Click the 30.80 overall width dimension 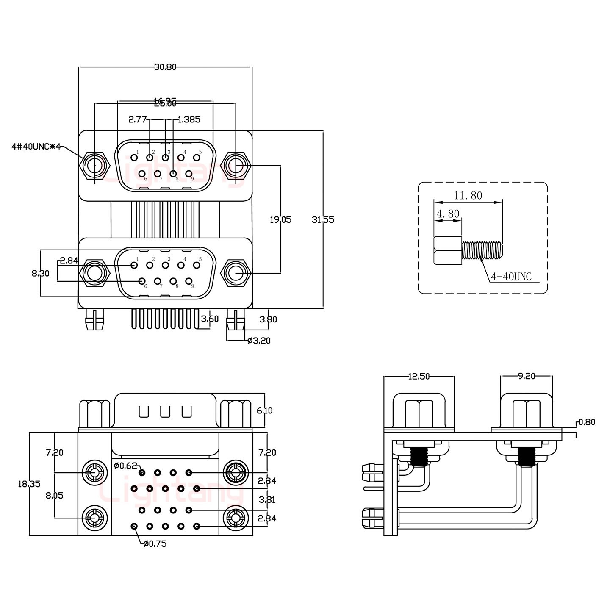coord(165,67)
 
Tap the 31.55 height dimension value coord(323,219)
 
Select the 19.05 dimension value coord(281,219)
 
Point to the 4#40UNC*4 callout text coord(36,147)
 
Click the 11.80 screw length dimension coord(468,195)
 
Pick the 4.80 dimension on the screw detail coord(448,213)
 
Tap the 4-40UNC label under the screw coord(511,277)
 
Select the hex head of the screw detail coord(448,250)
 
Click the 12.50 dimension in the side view coord(419,376)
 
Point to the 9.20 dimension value coord(527,376)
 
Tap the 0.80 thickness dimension coord(587,422)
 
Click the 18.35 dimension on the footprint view coord(29,484)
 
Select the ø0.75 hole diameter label coord(155,544)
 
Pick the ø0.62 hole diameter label coord(125,466)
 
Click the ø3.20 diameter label coord(258,340)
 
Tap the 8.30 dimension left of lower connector coord(41,274)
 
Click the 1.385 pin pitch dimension coord(189,119)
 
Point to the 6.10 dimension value coord(265,410)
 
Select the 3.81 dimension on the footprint coord(267,499)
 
